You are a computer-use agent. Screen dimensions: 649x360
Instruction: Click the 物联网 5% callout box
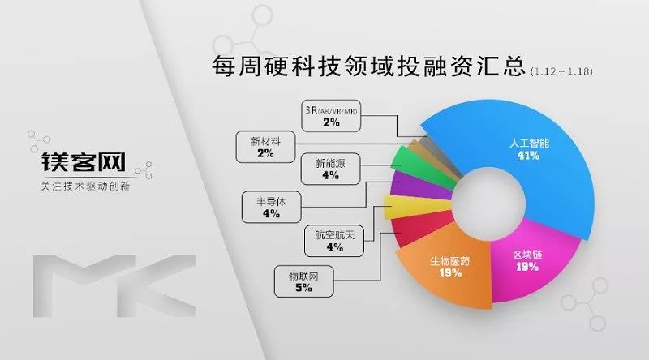[x=303, y=281]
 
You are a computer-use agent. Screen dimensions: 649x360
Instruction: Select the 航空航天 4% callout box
[x=334, y=242]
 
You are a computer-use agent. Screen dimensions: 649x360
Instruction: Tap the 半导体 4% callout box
[x=271, y=208]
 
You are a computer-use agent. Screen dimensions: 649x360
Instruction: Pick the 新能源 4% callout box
[x=330, y=169]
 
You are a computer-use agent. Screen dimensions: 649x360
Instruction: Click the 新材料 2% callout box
[x=265, y=147]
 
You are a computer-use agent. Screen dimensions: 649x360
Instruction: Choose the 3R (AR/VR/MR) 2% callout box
[x=331, y=116]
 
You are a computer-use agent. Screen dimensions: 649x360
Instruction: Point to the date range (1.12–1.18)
[x=561, y=71]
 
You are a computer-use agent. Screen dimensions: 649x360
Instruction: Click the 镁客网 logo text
[x=84, y=162]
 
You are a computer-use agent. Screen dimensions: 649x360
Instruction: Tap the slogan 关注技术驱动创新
[x=85, y=186]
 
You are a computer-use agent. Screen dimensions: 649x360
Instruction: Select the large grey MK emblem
[x=114, y=286]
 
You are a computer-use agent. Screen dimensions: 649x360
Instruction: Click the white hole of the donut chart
[x=488, y=203]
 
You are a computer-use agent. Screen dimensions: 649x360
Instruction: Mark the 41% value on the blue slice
[x=529, y=156]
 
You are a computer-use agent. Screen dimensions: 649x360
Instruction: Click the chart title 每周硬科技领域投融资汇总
[x=368, y=66]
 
